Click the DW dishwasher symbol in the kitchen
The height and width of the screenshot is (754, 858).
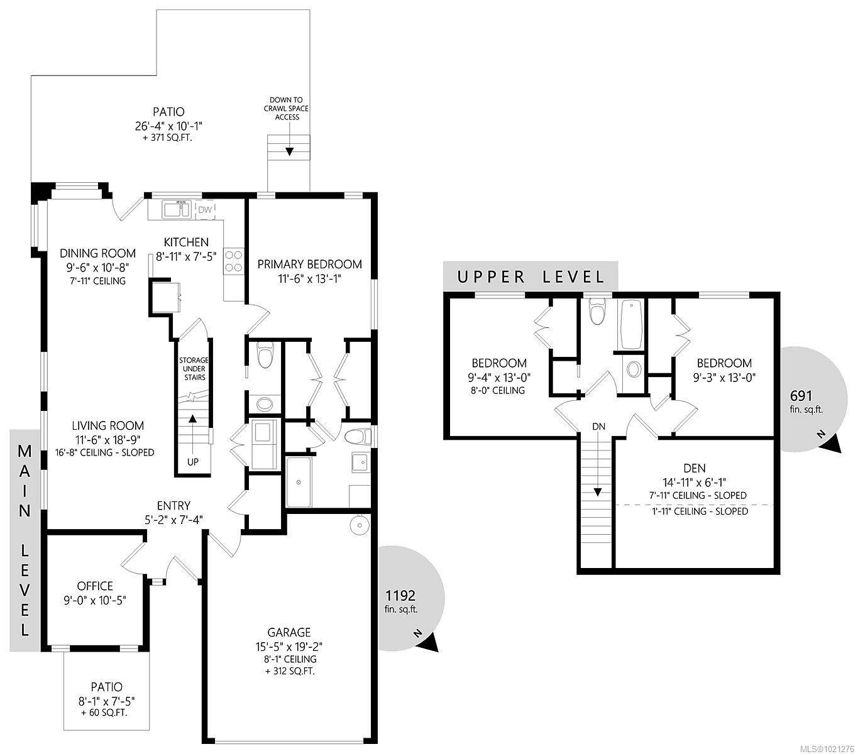point(206,209)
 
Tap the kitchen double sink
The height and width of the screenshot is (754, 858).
point(177,209)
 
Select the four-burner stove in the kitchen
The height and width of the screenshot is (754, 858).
point(234,261)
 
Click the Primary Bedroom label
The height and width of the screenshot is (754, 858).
point(309,264)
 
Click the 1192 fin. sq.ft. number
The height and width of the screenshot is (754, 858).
point(400,595)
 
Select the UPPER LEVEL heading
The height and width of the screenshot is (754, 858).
point(531,276)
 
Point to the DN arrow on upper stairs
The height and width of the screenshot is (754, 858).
point(598,491)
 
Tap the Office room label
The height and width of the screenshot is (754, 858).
point(95,586)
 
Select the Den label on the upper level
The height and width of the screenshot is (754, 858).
point(693,468)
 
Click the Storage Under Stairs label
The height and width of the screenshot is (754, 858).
point(192,369)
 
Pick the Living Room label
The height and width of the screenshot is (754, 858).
point(107,425)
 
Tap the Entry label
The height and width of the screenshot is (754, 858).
point(173,505)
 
